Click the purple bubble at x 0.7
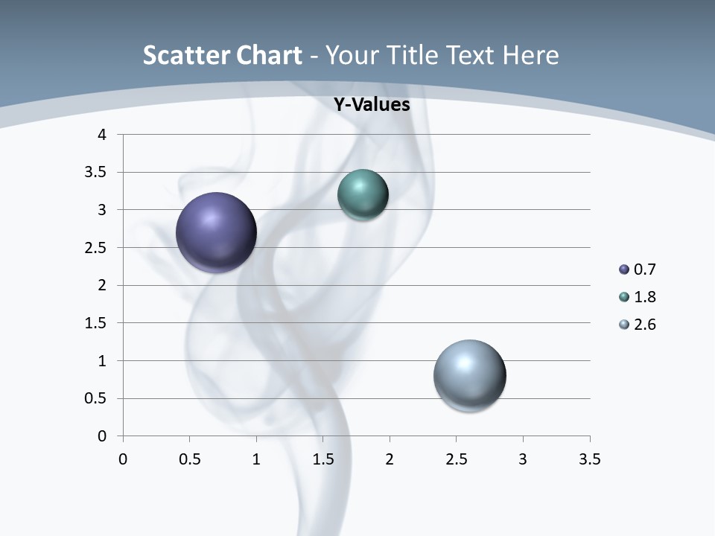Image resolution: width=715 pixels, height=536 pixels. click(x=217, y=232)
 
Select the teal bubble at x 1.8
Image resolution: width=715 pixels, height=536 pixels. click(x=363, y=194)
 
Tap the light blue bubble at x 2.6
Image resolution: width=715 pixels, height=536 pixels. click(x=469, y=375)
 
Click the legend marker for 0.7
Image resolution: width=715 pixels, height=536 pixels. click(x=624, y=269)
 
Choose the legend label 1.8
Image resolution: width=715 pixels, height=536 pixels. click(x=644, y=297)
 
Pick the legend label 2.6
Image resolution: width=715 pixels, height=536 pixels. click(x=644, y=325)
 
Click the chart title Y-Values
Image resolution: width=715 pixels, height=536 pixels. click(x=371, y=105)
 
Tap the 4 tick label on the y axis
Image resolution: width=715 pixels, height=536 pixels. click(x=103, y=135)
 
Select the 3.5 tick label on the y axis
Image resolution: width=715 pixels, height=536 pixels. click(x=97, y=173)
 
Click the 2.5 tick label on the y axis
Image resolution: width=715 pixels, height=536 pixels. click(x=97, y=248)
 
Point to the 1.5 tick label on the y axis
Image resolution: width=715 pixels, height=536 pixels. click(x=97, y=323)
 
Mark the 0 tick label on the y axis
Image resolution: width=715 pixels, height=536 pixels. click(x=103, y=436)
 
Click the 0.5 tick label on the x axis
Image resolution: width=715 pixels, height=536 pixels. click(x=190, y=459)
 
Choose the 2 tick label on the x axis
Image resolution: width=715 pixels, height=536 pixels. click(x=390, y=459)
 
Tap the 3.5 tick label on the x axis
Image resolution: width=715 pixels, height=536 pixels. click(x=589, y=459)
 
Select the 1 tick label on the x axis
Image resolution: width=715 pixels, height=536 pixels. click(x=256, y=459)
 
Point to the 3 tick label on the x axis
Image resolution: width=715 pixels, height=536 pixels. click(x=523, y=459)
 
